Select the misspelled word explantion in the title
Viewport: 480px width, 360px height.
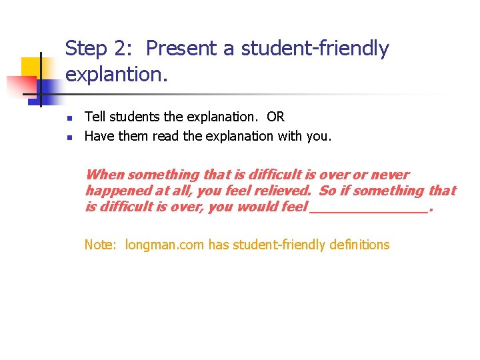tap(117, 75)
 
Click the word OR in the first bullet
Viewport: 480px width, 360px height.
tap(275, 117)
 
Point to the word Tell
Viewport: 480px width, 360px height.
tap(94, 117)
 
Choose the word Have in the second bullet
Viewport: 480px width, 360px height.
tap(97, 136)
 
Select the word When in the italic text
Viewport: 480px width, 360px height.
tap(105, 175)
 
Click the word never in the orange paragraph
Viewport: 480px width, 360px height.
tap(390, 175)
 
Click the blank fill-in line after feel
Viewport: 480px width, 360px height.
tap(369, 209)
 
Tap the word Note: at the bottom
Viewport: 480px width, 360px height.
tap(101, 245)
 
